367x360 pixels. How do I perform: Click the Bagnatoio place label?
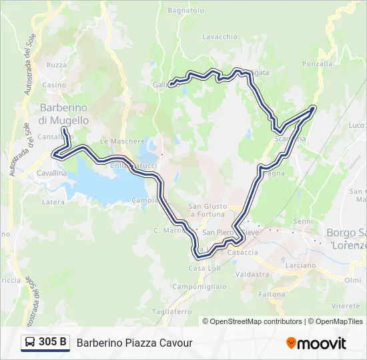(x=186, y=11)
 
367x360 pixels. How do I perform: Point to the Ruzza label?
(x=57, y=65)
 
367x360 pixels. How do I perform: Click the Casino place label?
(x=54, y=85)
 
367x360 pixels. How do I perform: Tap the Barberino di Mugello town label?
(x=64, y=114)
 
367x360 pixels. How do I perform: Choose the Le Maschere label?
(x=122, y=141)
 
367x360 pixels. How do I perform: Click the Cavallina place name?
(x=51, y=173)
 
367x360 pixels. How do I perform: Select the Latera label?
(x=53, y=201)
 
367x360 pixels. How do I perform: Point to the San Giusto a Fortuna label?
(x=208, y=210)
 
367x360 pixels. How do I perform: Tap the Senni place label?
(x=302, y=221)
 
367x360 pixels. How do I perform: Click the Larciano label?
(x=300, y=265)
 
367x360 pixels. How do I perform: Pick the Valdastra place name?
(x=252, y=274)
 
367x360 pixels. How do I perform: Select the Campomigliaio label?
(x=200, y=286)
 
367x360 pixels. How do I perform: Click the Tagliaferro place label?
(x=171, y=311)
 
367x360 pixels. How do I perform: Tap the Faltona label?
(x=272, y=294)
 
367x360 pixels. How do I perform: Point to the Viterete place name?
(x=346, y=305)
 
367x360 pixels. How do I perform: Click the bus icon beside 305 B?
(x=30, y=343)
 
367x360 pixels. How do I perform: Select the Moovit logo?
(x=316, y=343)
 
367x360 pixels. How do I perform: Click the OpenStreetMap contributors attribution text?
(x=252, y=321)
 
